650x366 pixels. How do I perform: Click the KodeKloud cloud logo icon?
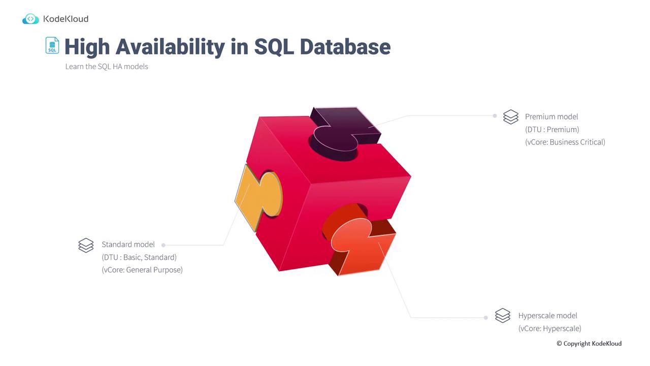[x=30, y=19]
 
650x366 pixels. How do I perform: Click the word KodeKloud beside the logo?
[x=66, y=19]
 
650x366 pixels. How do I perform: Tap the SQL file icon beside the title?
[x=52, y=45]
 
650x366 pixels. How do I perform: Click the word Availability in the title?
[x=170, y=47]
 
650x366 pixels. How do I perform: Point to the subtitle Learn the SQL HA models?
[x=107, y=67]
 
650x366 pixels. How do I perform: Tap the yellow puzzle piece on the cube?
[x=258, y=198]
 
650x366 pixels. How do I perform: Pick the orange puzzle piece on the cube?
[x=360, y=241]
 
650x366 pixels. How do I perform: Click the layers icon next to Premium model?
[x=511, y=117]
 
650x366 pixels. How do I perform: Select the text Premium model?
[x=551, y=117]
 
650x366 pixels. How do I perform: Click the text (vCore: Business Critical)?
[x=565, y=142]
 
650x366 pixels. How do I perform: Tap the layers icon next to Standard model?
[x=86, y=245]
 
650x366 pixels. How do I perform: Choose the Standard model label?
[x=128, y=245]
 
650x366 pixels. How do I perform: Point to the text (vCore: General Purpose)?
[x=142, y=270]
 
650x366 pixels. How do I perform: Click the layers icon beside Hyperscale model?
[x=503, y=316]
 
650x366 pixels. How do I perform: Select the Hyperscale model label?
[x=547, y=316]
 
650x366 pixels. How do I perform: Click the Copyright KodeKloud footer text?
[x=589, y=344]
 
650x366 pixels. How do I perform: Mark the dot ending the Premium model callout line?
[x=495, y=116]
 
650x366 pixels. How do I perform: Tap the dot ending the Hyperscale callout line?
[x=486, y=318]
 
